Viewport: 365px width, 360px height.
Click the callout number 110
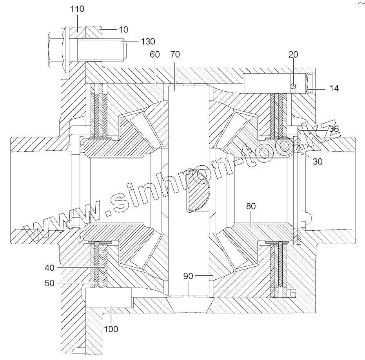pyautogui.click(x=77, y=9)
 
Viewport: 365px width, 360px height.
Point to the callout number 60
pyautogui.click(x=155, y=55)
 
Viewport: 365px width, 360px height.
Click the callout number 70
pyautogui.click(x=175, y=55)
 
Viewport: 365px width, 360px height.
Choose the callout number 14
pyautogui.click(x=334, y=89)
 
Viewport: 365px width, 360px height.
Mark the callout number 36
pyautogui.click(x=334, y=128)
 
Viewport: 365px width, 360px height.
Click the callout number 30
pyautogui.click(x=318, y=161)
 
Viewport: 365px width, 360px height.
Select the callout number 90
pyautogui.click(x=189, y=276)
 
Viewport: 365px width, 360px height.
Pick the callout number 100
pyautogui.click(x=111, y=329)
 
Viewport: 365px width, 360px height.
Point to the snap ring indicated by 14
pyautogui.click(x=308, y=83)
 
